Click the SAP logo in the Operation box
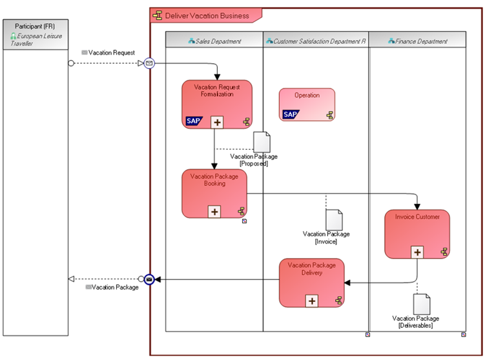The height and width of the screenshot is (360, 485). click(291, 115)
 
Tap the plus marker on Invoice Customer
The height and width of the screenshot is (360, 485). click(418, 252)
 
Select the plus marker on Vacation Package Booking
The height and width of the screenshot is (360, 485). click(214, 211)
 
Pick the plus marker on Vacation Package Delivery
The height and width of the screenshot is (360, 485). click(312, 301)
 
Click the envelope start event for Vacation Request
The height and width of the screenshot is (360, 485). click(149, 63)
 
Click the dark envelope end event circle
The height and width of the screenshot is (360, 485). click(149, 279)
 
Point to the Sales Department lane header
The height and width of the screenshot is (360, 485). click(214, 41)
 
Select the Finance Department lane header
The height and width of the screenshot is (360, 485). click(417, 41)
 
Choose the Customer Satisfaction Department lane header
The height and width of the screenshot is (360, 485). click(316, 41)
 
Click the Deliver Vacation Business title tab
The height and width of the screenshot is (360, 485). click(205, 15)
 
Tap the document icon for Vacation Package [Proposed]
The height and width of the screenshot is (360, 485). click(262, 143)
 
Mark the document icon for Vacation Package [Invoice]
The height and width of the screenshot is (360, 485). click(333, 220)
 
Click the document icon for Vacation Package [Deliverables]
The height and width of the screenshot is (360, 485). click(422, 304)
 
